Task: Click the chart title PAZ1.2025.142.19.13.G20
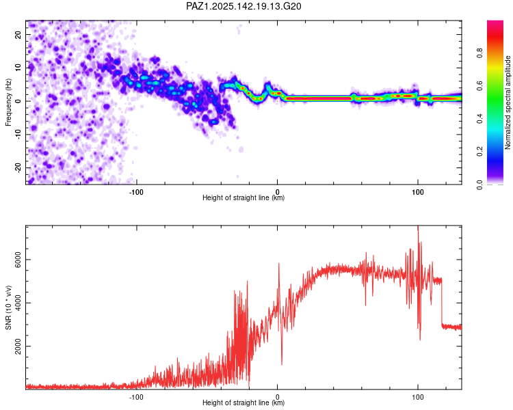click(x=244, y=6)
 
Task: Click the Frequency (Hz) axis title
click(x=8, y=102)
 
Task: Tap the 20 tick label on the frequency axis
click(x=18, y=34)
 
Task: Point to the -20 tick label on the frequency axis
click(x=18, y=167)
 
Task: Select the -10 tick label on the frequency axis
click(x=18, y=135)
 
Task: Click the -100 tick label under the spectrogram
click(x=136, y=192)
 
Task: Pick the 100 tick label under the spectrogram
click(x=418, y=192)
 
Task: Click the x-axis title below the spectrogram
click(x=244, y=197)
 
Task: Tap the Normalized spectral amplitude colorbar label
click(x=508, y=102)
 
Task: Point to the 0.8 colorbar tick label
click(x=480, y=53)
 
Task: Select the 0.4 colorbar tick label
click(x=480, y=119)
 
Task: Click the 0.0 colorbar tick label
click(x=480, y=184)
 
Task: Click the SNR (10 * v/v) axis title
click(x=8, y=307)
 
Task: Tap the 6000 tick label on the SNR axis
click(x=18, y=260)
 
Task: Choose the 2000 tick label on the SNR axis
click(x=18, y=346)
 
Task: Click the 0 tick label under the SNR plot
click(x=278, y=397)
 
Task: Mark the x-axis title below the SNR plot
click(x=244, y=402)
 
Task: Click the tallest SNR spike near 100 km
click(x=418, y=226)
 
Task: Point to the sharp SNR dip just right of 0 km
click(x=282, y=364)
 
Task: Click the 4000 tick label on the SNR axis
click(x=18, y=303)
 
